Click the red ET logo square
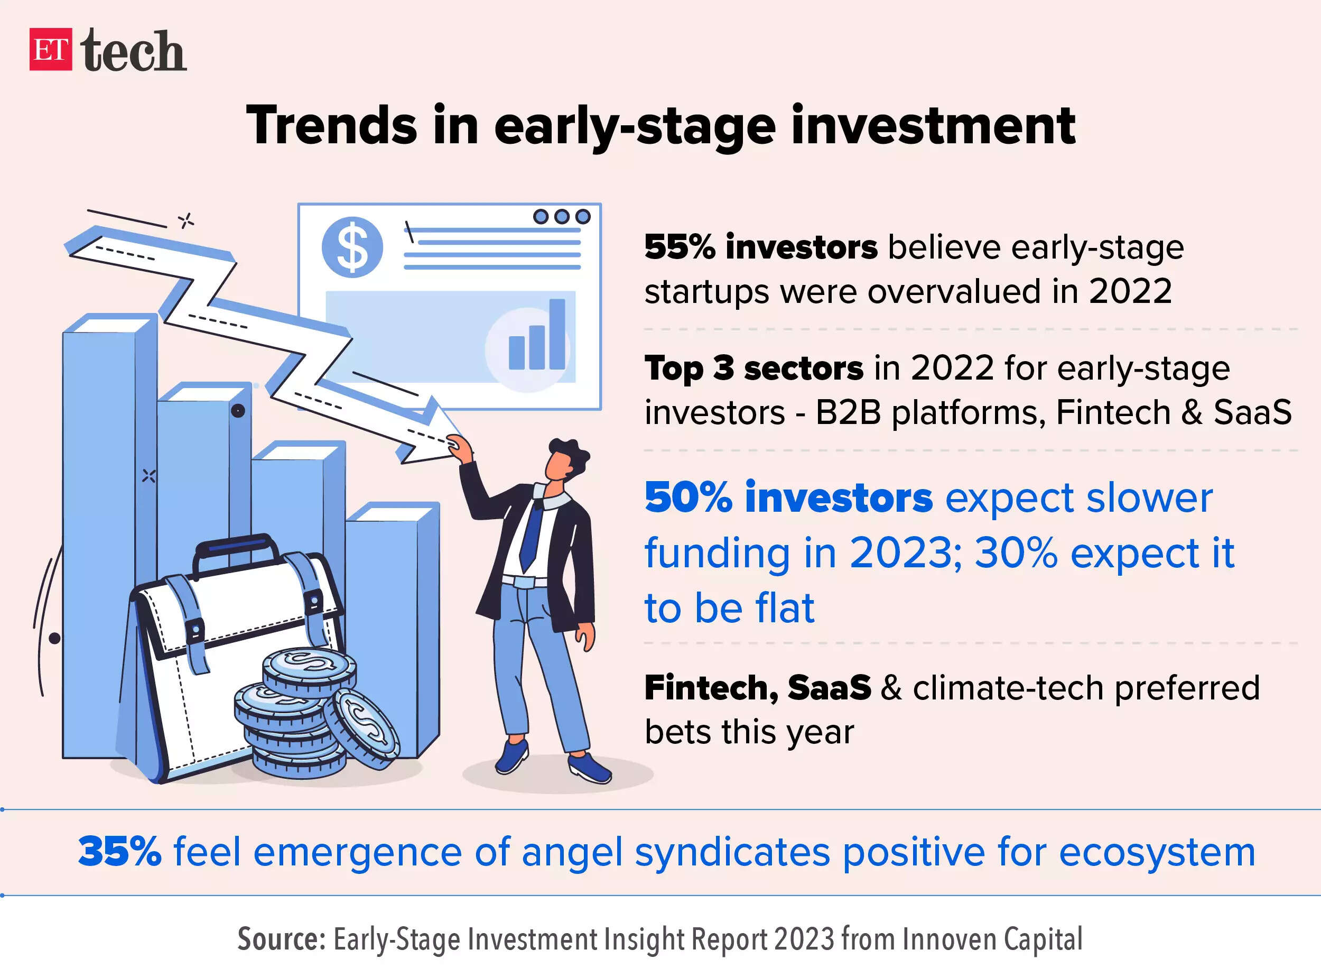click(x=51, y=49)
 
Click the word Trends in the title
click(x=332, y=124)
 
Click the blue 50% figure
click(x=689, y=497)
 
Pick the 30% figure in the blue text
click(x=1016, y=552)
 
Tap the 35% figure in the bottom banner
click(x=119, y=851)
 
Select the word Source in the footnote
click(x=281, y=939)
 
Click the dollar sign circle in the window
click(x=352, y=247)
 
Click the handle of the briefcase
click(x=237, y=548)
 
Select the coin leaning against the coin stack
click(x=362, y=729)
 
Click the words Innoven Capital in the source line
click(x=992, y=939)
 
